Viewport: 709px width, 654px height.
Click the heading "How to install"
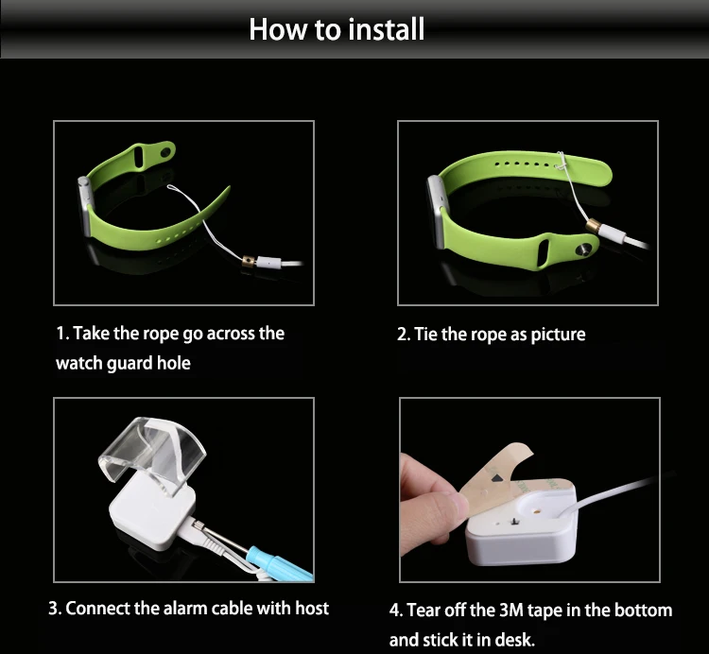pyautogui.click(x=337, y=29)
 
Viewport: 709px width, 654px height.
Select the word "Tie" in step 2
pyautogui.click(x=425, y=335)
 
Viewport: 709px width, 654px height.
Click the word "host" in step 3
pyautogui.click(x=312, y=609)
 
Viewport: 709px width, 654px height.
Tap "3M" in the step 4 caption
pyautogui.click(x=510, y=611)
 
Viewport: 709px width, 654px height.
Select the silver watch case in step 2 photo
pyautogui.click(x=436, y=211)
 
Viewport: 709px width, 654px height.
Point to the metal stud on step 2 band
pyautogui.click(x=583, y=250)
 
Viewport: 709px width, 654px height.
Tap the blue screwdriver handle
pyautogui.click(x=281, y=565)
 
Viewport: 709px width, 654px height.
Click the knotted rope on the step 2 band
pyautogui.click(x=562, y=162)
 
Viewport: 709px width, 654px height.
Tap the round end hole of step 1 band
pyautogui.click(x=166, y=151)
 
